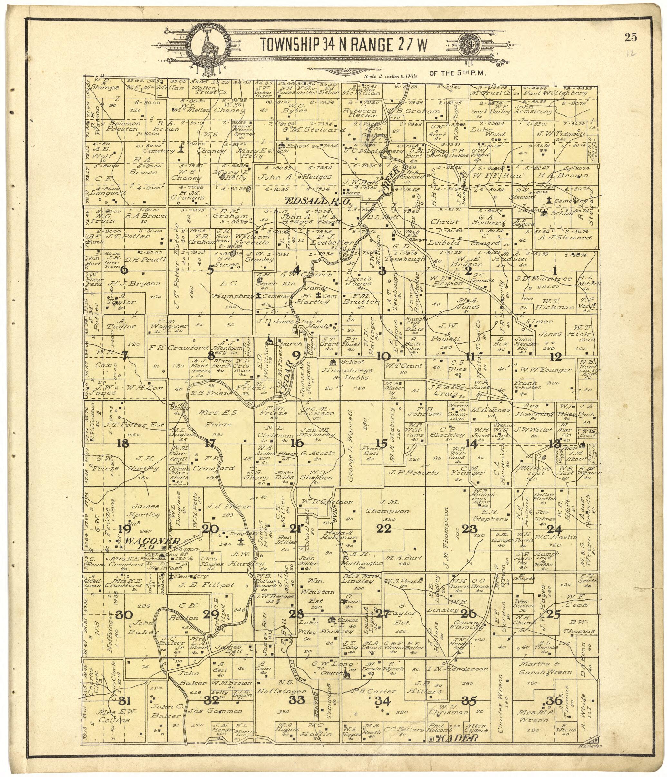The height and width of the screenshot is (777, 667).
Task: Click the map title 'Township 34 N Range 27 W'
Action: click(x=343, y=45)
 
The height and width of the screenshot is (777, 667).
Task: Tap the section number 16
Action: click(x=296, y=443)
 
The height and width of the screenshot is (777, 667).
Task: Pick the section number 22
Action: click(x=384, y=529)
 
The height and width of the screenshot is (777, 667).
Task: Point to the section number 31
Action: click(x=123, y=700)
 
